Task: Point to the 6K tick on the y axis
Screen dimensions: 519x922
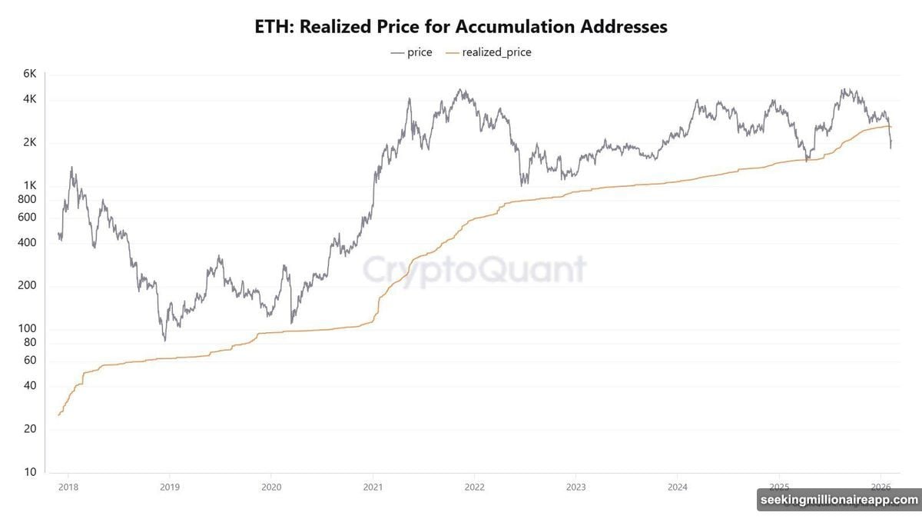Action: click(x=30, y=74)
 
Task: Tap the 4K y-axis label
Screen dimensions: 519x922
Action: click(x=30, y=100)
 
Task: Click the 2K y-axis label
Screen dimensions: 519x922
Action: click(x=30, y=143)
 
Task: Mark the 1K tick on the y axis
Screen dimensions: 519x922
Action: click(x=30, y=185)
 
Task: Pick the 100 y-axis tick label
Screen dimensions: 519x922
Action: click(x=28, y=329)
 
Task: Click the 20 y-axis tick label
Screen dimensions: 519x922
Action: click(x=30, y=429)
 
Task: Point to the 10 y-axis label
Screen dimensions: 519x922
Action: click(x=30, y=472)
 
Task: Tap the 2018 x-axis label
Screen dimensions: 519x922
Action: click(x=68, y=487)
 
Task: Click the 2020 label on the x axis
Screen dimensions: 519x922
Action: click(x=271, y=487)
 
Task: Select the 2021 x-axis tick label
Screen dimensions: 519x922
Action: click(x=373, y=487)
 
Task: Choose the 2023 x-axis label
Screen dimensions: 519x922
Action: click(x=575, y=487)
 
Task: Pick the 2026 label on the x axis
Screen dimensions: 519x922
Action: click(x=881, y=487)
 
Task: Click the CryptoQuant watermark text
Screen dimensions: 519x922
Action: click(x=473, y=270)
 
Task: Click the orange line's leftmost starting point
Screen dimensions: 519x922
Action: click(x=58, y=415)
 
